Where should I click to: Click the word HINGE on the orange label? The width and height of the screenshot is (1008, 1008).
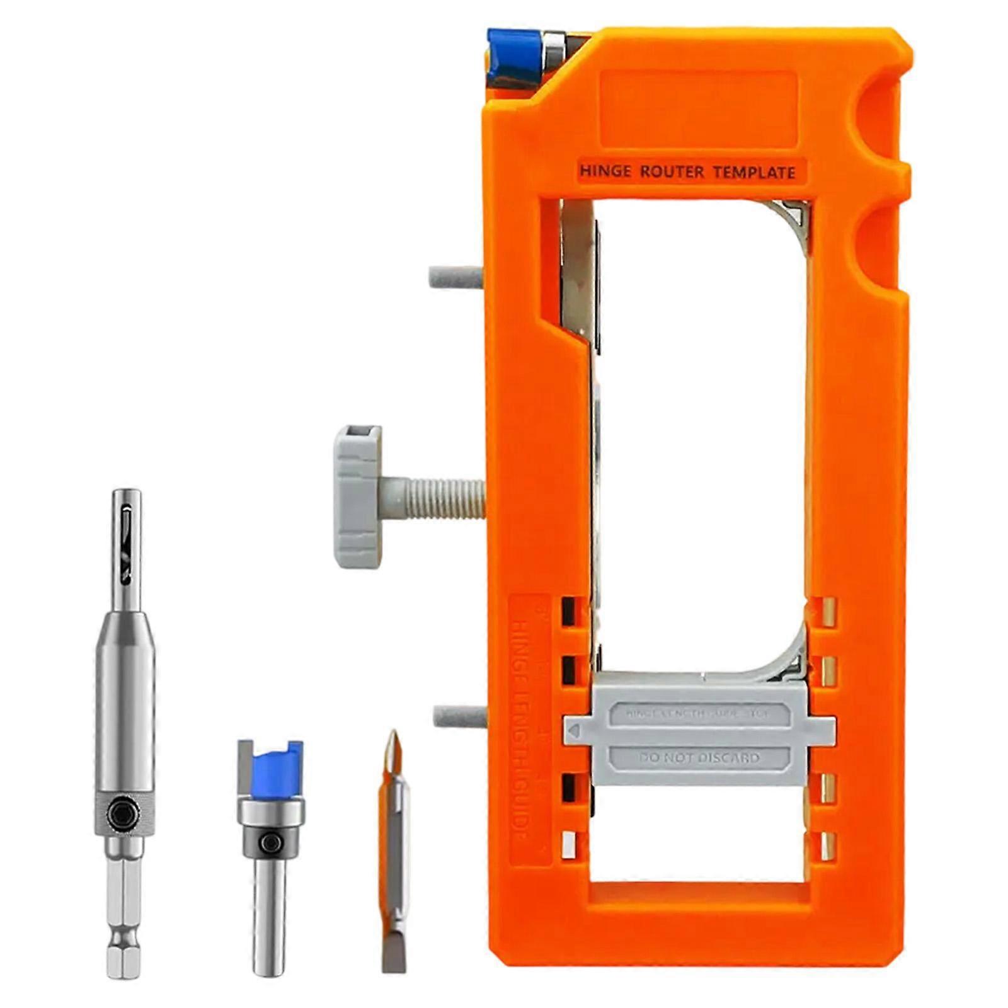pyautogui.click(x=605, y=171)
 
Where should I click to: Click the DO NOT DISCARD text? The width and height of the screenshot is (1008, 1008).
pyautogui.click(x=699, y=757)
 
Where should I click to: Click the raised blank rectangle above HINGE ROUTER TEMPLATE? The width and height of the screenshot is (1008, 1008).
pyautogui.click(x=698, y=108)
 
